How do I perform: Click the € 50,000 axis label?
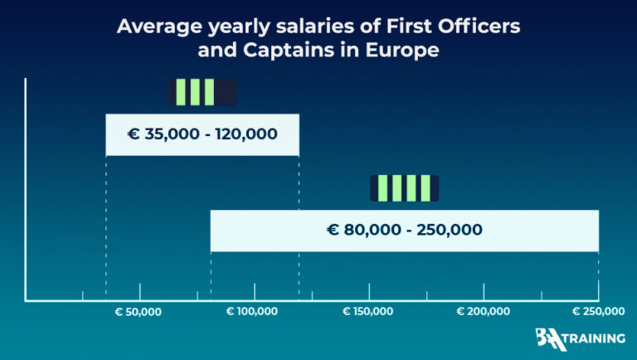coord(139,312)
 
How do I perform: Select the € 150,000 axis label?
coord(368,312)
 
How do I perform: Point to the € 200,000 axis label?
coord(483,312)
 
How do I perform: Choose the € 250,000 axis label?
coord(598,312)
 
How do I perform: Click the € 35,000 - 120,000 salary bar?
coord(202,134)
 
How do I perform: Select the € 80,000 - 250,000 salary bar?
coord(404,230)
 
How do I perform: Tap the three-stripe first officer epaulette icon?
coord(202,92)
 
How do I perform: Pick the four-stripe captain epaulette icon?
coord(404,188)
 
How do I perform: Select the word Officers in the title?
coord(484,26)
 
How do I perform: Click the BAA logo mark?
coord(552,339)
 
